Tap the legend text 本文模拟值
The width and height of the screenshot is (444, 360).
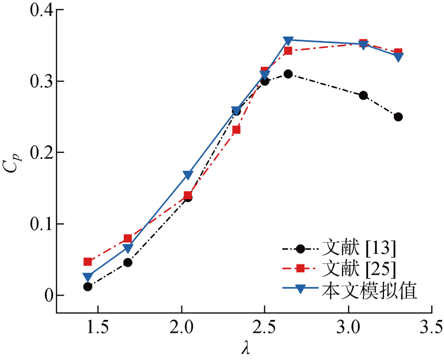pyautogui.click(x=369, y=289)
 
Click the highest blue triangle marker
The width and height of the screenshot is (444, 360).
pyautogui.click(x=288, y=41)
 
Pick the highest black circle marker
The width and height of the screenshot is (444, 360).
pyautogui.click(x=288, y=74)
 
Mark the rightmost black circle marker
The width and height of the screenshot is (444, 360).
pyautogui.click(x=398, y=117)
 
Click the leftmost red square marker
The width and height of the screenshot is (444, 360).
pyautogui.click(x=88, y=262)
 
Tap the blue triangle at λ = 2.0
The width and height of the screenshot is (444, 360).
pyautogui.click(x=188, y=176)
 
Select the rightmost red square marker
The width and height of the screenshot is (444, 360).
pyautogui.click(x=398, y=52)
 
